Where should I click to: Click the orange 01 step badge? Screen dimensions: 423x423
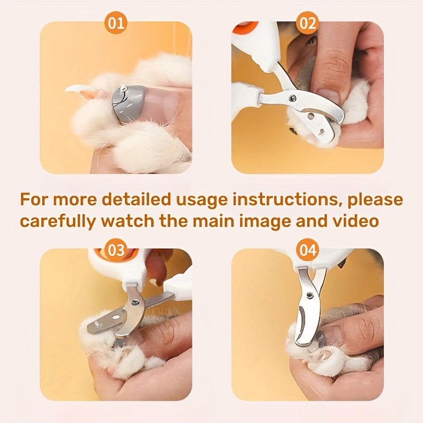pos(116,24)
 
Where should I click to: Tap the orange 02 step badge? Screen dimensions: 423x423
pos(308,24)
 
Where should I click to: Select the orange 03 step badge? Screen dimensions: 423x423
pos(116,248)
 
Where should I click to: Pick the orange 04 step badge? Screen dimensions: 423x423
pos(308,248)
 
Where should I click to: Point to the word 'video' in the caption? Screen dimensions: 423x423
pos(353,220)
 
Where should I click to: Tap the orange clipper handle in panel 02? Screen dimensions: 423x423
pos(243,25)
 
